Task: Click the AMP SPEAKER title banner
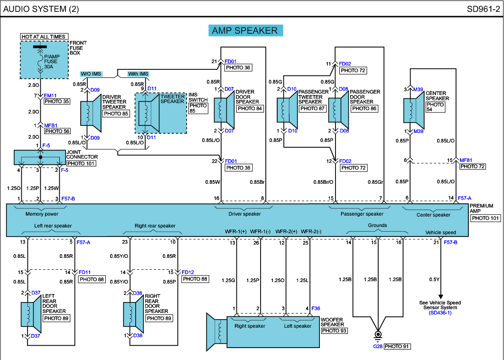click(x=245, y=30)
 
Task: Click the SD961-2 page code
click(x=483, y=9)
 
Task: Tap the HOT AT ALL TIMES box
click(x=43, y=37)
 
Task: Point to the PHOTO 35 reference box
click(x=56, y=101)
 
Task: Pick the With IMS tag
click(x=138, y=74)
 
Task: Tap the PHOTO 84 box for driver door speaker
click(x=250, y=108)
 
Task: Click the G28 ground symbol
click(x=378, y=336)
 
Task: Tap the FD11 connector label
click(x=84, y=272)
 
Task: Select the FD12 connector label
click(x=188, y=272)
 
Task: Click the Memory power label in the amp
click(x=42, y=214)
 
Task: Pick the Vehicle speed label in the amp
click(x=440, y=232)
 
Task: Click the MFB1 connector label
click(x=51, y=125)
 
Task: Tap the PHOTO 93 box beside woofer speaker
click(x=334, y=331)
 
